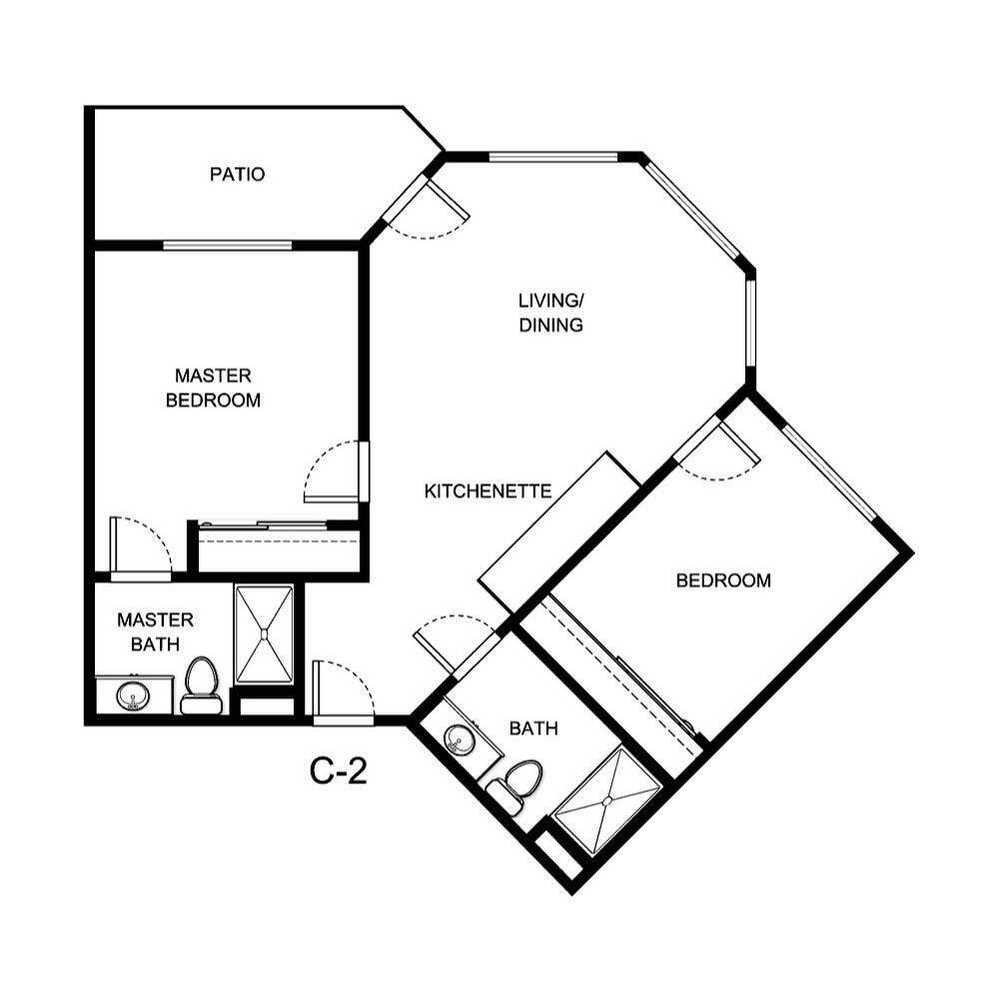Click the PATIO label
[x=237, y=175]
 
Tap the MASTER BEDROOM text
[x=213, y=389]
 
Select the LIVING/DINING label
[x=550, y=313]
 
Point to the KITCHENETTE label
[x=489, y=492]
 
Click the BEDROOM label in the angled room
[x=723, y=580]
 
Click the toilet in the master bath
[x=202, y=685]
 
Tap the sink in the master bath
[x=130, y=694]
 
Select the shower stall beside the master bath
[x=264, y=634]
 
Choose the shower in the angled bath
[x=608, y=800]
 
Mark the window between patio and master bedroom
[x=228, y=245]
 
